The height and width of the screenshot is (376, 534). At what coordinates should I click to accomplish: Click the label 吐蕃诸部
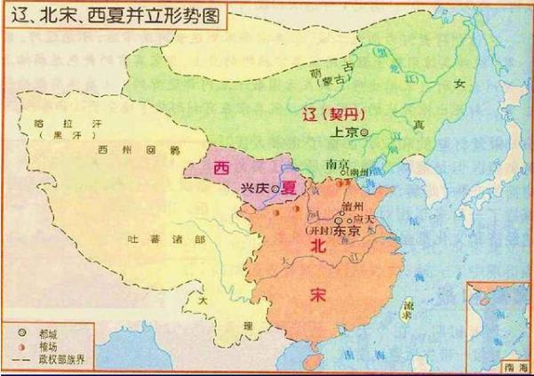pyautogui.click(x=155, y=239)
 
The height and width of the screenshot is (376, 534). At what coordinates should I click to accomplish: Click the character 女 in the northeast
pyautogui.click(x=459, y=83)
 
